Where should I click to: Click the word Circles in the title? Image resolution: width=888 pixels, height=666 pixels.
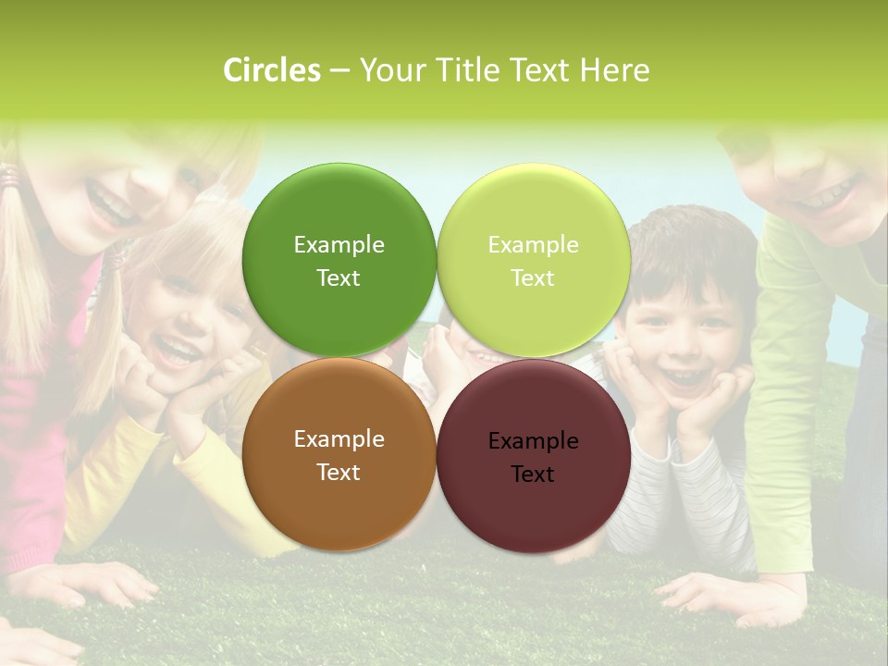[x=272, y=70]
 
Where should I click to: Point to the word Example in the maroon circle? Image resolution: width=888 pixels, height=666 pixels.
[x=534, y=441]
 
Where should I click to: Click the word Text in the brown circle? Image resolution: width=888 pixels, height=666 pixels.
[x=339, y=473]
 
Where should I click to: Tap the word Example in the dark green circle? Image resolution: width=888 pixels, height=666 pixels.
[x=339, y=245]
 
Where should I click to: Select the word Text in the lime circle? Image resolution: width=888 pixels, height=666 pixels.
[x=533, y=278]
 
